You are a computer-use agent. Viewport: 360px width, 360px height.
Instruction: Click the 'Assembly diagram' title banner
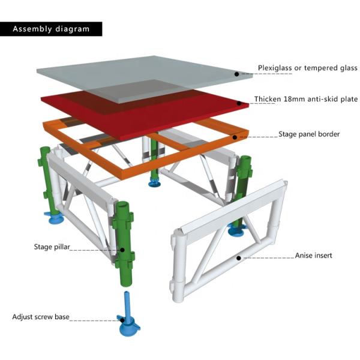[x=51, y=29]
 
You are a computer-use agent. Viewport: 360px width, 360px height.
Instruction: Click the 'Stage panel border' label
[x=309, y=134]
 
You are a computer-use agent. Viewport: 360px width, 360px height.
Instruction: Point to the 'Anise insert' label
[x=313, y=256]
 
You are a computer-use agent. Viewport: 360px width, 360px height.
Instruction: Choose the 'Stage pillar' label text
[x=50, y=246]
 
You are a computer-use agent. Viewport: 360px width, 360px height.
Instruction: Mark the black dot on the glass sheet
[x=236, y=74]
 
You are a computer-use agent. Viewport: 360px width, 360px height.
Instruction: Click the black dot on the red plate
[x=239, y=104]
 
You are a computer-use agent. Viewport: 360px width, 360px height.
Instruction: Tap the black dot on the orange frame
[x=235, y=137]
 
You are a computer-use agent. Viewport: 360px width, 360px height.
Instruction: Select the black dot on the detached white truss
[x=238, y=258]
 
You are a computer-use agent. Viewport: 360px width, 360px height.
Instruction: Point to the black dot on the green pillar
[x=122, y=250]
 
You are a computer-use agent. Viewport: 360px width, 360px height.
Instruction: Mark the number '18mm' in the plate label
[x=290, y=100]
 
